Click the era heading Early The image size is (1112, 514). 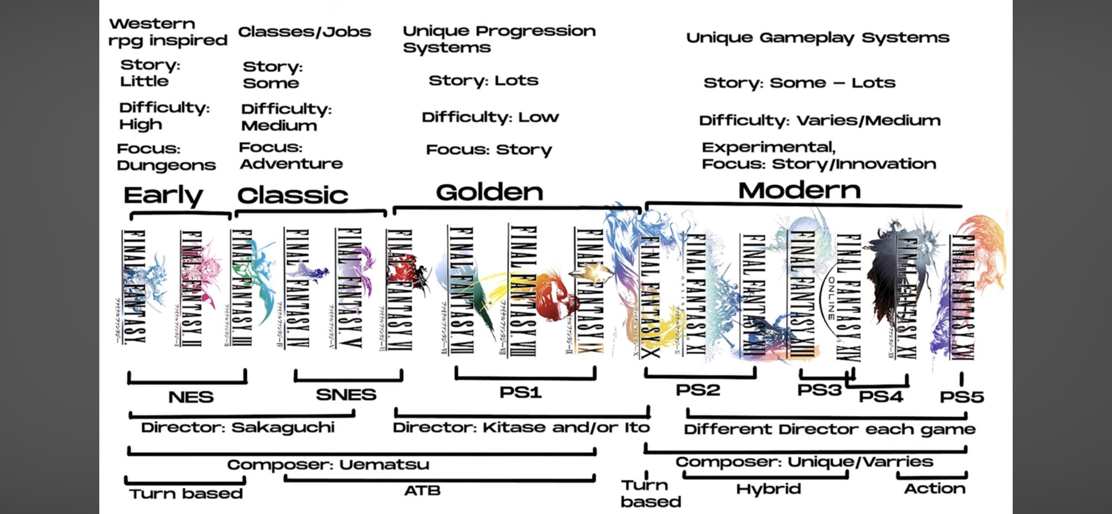click(163, 196)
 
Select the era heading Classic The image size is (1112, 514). click(293, 196)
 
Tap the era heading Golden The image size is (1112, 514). click(489, 192)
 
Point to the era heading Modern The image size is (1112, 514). click(799, 191)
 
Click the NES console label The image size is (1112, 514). click(191, 397)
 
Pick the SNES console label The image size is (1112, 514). click(346, 394)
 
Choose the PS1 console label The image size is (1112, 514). click(520, 392)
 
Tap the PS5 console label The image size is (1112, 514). click(962, 397)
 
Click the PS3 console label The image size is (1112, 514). click(819, 390)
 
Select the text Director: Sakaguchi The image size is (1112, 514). click(237, 428)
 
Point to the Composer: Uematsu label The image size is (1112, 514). click(328, 465)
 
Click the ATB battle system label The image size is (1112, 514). click(422, 491)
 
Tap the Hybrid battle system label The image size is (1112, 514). click(768, 489)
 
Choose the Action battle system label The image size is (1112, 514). click(934, 488)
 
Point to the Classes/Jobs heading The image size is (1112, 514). click(305, 32)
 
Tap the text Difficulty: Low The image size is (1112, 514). click(490, 117)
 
